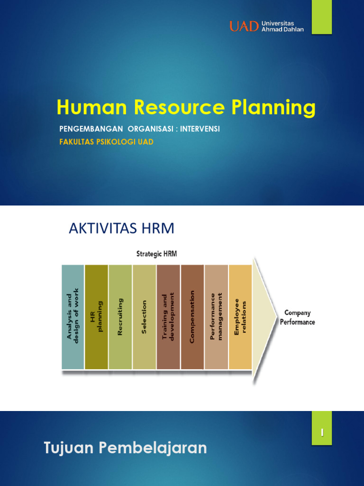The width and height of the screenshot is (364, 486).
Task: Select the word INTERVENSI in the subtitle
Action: tap(200, 129)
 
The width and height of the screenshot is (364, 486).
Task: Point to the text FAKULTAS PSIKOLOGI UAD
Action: tap(106, 142)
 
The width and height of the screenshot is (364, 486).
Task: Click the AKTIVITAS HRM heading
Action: tap(122, 229)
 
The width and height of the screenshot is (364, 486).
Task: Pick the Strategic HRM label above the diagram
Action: tap(156, 254)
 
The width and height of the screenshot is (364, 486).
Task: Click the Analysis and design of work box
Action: tap(73, 317)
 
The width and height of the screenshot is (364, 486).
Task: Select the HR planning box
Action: tap(96, 317)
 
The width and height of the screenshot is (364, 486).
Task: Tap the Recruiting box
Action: tap(120, 317)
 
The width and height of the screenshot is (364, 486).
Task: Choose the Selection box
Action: tap(144, 317)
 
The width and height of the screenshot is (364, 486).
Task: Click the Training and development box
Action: tap(168, 317)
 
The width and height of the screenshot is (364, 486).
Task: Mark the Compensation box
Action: tap(192, 317)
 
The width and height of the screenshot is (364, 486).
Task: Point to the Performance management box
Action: tap(216, 317)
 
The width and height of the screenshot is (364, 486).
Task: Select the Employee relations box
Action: tap(240, 317)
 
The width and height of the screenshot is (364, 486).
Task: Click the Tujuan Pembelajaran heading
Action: tap(126, 448)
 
